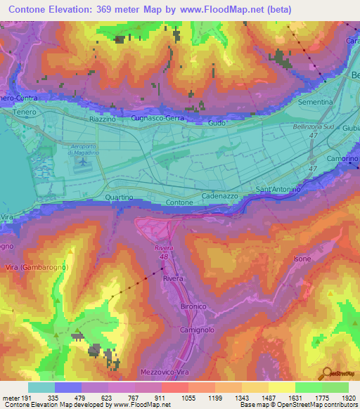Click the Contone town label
(179, 202)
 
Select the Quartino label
(119, 197)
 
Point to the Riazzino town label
(103, 120)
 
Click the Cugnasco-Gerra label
(158, 119)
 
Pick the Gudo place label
(217, 123)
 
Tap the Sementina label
(316, 102)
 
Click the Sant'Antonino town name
(278, 190)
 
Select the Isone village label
(302, 259)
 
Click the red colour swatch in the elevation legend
(174, 387)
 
